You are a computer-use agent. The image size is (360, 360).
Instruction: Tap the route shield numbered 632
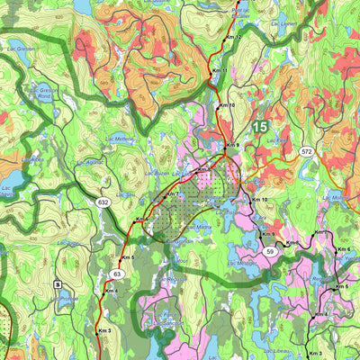pos(103,203)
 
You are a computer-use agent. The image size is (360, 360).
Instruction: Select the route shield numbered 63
pos(117,274)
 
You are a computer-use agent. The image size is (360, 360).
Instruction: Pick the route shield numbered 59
pos(270,253)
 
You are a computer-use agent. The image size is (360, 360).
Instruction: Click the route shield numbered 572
pos(308,152)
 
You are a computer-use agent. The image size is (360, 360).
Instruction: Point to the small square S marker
pos(58,284)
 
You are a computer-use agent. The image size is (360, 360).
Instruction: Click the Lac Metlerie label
pos(118,139)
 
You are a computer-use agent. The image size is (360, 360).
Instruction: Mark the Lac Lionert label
pos(283,23)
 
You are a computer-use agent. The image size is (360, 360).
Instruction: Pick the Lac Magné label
pos(241,264)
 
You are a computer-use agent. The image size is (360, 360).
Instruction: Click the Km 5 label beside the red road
pos(128,258)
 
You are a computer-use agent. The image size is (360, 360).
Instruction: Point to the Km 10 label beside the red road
pos(227,105)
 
